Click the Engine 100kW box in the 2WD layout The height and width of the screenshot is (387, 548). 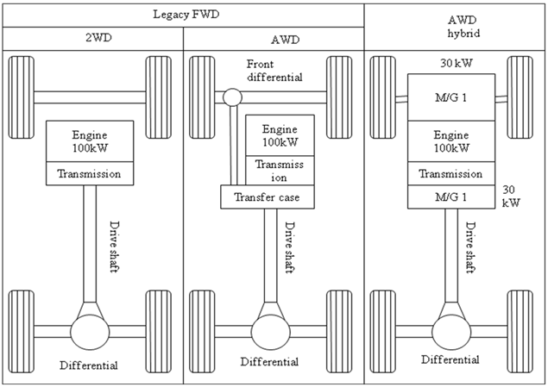click(x=90, y=141)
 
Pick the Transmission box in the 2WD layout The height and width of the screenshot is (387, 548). click(x=90, y=174)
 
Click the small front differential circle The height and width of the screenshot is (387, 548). click(x=231, y=97)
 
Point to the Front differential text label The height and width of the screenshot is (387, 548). click(x=274, y=71)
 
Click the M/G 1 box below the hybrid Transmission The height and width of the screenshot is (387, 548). click(x=450, y=197)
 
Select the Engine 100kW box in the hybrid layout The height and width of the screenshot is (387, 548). click(x=450, y=140)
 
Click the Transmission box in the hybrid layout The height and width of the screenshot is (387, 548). click(x=450, y=174)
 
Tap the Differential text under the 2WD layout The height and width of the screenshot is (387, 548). click(x=89, y=365)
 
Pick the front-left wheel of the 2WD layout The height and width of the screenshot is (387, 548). click(x=22, y=97)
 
